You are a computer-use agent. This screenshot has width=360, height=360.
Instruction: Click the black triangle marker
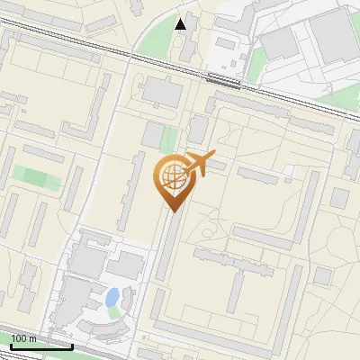tap(182, 23)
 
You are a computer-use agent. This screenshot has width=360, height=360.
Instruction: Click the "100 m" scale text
tap(22, 338)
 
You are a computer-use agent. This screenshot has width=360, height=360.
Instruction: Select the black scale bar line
tap(41, 346)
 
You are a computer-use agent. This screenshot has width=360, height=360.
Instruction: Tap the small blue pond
tap(112, 296)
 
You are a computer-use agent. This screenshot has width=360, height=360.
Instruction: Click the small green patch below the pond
tap(114, 313)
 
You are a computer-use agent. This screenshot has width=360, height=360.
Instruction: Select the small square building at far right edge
tap(339, 197)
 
